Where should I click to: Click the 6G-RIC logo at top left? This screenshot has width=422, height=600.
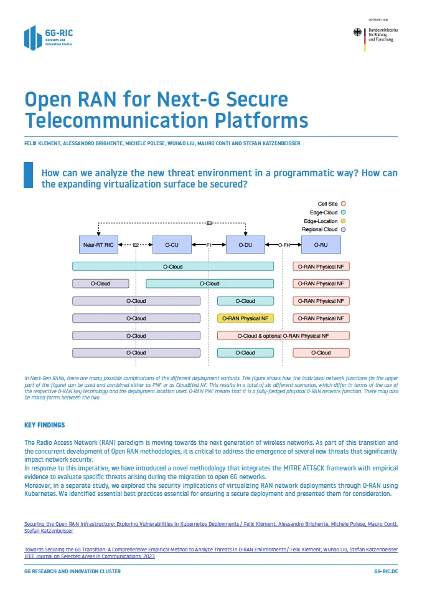pos(47,37)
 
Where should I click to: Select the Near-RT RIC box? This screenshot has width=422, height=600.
pos(98,245)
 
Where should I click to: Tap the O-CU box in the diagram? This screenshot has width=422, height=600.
pos(172,245)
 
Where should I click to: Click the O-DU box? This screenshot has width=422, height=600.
pos(245,245)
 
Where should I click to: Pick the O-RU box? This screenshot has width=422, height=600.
pos(321,245)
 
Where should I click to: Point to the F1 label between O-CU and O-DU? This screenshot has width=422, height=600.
pos(209,245)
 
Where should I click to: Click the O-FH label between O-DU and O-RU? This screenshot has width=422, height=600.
pos(284,245)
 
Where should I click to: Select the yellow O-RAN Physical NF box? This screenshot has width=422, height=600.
pos(245,318)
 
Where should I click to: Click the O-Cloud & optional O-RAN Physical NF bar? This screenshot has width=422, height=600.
pos(283,336)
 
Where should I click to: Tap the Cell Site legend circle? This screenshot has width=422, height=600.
pos(343,204)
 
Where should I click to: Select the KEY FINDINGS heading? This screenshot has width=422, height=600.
pos(44,426)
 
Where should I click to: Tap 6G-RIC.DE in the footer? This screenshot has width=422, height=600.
pos(385,571)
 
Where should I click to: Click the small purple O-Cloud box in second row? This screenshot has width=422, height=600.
pos(101,283)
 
